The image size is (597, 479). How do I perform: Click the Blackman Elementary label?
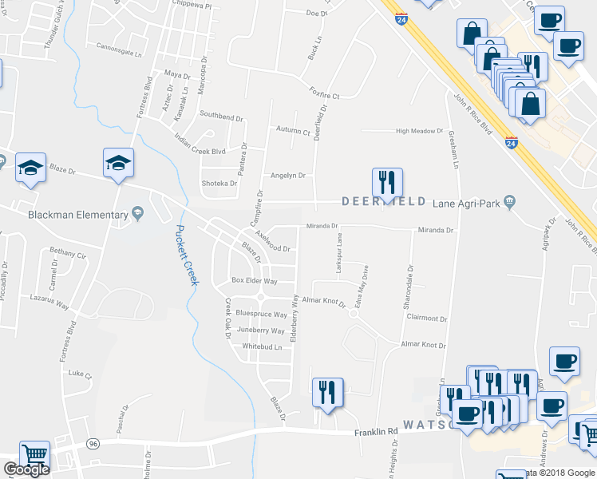point(77,215)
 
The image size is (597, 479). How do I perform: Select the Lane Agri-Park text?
point(467,204)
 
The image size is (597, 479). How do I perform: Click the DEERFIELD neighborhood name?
point(386,202)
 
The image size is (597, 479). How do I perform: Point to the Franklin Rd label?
point(376,432)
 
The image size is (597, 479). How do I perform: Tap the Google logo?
point(26,469)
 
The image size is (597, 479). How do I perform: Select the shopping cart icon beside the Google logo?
point(34,456)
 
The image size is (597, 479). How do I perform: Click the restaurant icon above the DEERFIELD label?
point(387,182)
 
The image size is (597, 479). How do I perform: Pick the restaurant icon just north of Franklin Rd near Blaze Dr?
point(327,392)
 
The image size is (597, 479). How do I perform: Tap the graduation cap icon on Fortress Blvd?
point(118,164)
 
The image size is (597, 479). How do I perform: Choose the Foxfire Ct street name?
point(325,97)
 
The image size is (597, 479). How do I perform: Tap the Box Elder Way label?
point(254,281)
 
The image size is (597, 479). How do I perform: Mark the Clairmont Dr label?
point(427,317)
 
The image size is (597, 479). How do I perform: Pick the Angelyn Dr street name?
point(288,176)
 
